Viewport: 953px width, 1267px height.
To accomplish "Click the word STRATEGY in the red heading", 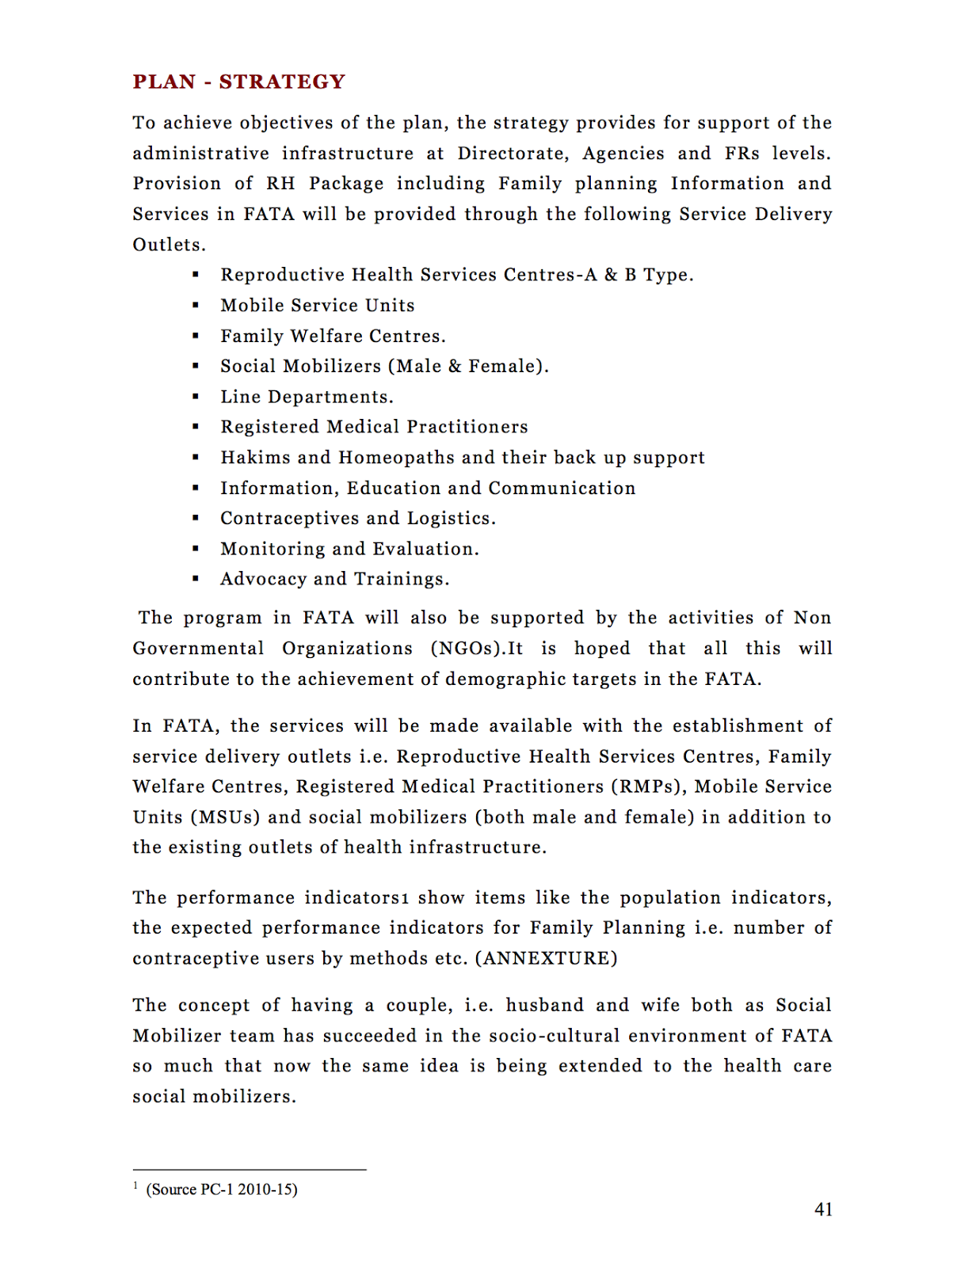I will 282,82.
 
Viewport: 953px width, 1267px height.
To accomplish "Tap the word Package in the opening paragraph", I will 346,184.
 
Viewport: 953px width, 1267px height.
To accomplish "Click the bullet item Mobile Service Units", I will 318,306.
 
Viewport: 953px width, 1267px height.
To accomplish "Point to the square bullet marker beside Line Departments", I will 196,397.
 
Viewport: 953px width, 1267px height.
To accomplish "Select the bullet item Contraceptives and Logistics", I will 358,519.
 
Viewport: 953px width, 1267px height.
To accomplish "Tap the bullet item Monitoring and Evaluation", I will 349,549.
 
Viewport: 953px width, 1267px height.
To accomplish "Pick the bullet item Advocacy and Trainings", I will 334,580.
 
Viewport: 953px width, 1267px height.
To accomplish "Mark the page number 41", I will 823,1209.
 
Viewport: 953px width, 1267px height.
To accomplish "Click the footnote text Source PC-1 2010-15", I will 222,1189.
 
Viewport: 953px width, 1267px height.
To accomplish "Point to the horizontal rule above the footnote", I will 250,1170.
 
